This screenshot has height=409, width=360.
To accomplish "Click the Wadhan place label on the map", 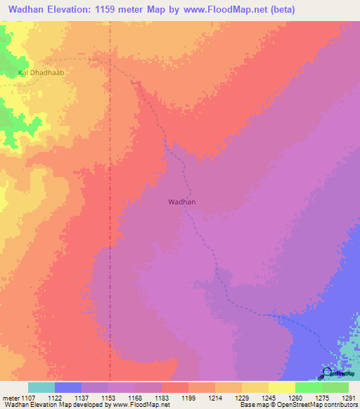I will click(x=181, y=202).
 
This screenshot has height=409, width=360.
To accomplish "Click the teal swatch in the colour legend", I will click(x=41, y=387).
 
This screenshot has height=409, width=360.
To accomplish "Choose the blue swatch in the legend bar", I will click(x=68, y=387).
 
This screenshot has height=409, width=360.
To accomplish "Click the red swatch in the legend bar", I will click(x=175, y=387).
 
